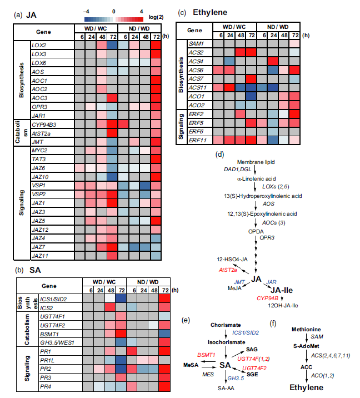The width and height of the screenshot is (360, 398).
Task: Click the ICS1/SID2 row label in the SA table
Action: tap(54, 299)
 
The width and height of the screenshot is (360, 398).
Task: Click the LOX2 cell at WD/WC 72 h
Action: tap(113, 45)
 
